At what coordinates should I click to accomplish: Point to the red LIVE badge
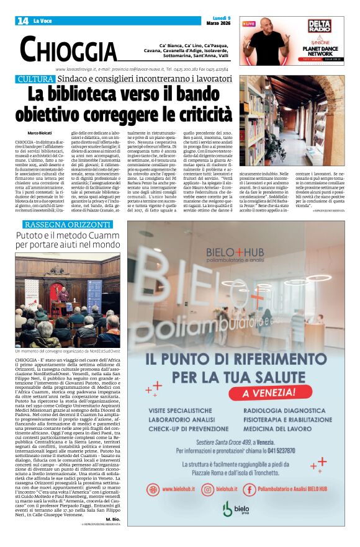(249, 24)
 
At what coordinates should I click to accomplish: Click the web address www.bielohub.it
(174, 489)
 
